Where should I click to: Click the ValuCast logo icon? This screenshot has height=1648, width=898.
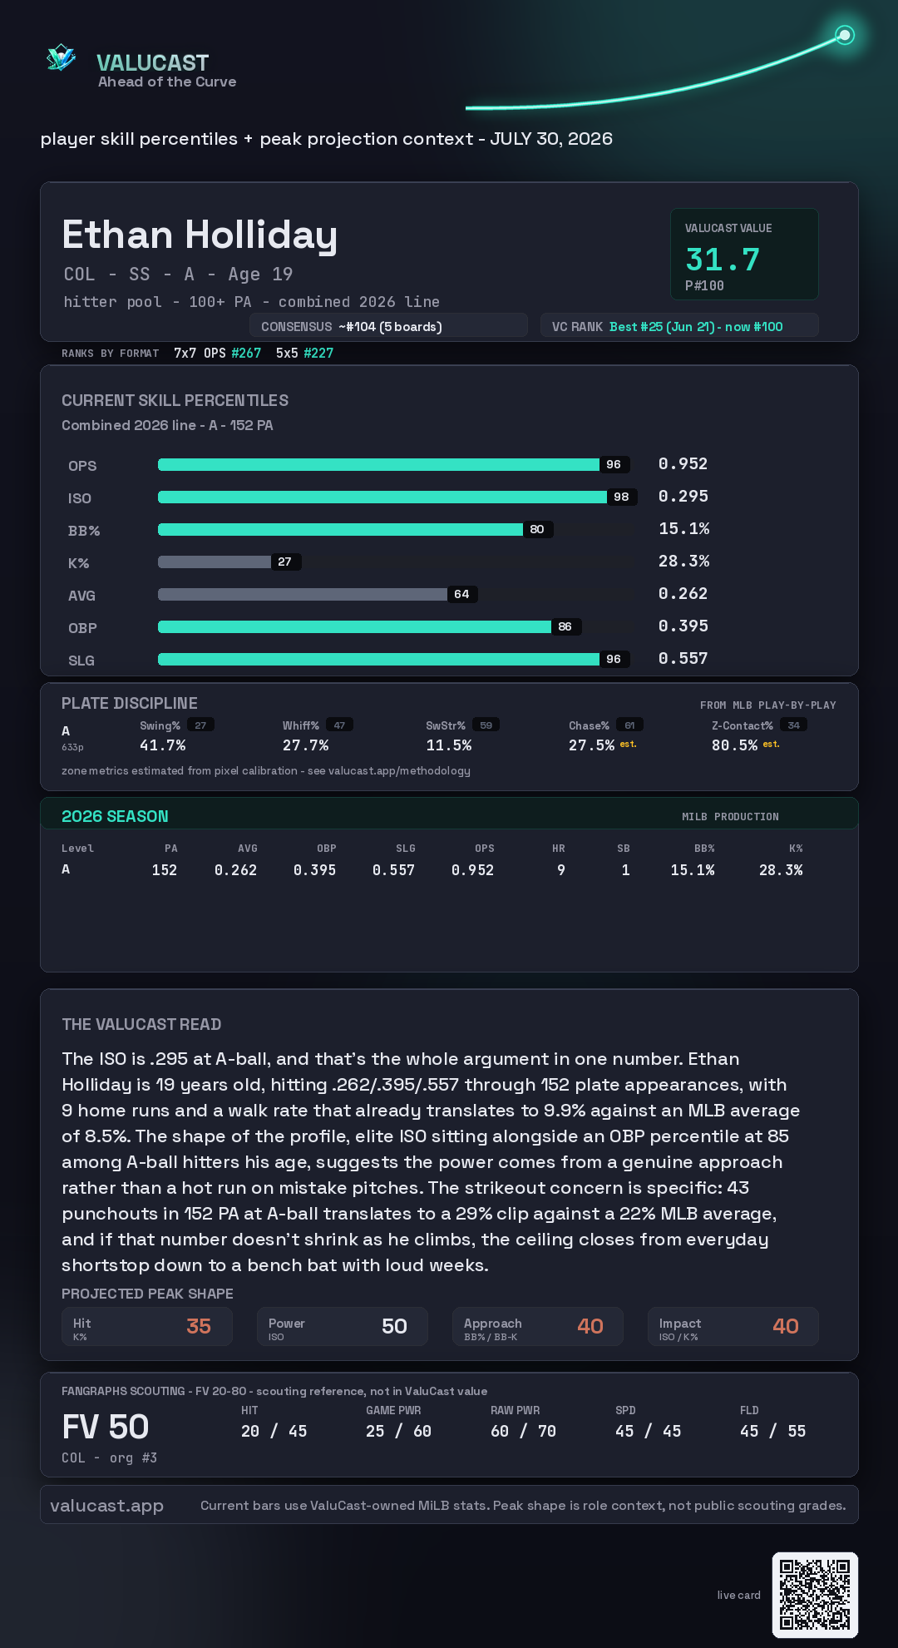click(x=61, y=57)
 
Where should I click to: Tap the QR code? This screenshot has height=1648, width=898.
click(x=815, y=1595)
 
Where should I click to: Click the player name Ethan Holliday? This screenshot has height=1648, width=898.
click(x=200, y=235)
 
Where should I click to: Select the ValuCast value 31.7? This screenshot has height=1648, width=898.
click(x=723, y=260)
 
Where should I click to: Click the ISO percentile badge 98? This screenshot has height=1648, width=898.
click(x=621, y=497)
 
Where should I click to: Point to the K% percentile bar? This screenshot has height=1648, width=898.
click(x=215, y=562)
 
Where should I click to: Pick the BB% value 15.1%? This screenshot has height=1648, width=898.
click(x=684, y=528)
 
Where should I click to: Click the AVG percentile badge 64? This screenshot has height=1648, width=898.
click(x=462, y=594)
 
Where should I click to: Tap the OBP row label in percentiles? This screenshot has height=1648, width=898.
click(x=82, y=628)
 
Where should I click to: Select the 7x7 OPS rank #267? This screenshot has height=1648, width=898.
click(x=246, y=353)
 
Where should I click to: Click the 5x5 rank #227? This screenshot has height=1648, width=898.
click(x=318, y=353)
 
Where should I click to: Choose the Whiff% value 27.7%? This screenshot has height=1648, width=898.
click(x=305, y=745)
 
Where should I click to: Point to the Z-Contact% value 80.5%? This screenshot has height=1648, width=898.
click(x=734, y=745)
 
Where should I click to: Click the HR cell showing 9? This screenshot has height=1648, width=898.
click(x=561, y=870)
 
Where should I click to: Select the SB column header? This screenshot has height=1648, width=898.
click(x=624, y=849)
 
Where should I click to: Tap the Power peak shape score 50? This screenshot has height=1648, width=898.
click(x=394, y=1326)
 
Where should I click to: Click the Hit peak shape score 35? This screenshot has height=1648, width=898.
click(x=199, y=1326)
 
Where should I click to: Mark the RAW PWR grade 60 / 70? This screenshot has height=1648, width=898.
click(x=523, y=1431)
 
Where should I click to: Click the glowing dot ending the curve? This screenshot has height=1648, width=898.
click(x=845, y=35)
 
